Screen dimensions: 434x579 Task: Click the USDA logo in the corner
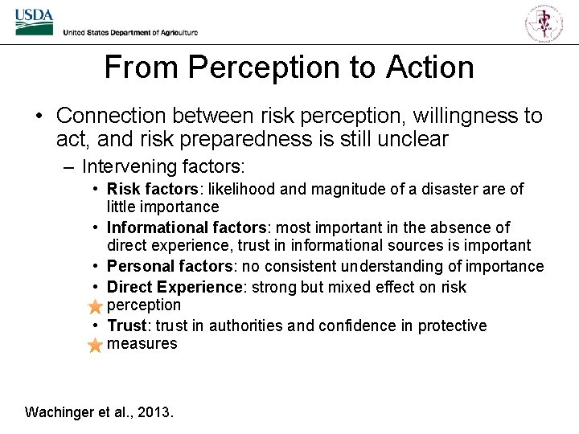tap(33, 23)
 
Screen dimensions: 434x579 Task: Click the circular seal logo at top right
tap(544, 22)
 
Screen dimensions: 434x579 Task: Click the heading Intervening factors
tap(162, 167)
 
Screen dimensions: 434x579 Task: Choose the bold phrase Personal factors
tap(166, 266)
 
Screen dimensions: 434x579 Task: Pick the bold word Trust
tap(127, 325)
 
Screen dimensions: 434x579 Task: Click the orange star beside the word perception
tap(95, 306)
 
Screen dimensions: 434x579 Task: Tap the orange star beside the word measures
tap(95, 346)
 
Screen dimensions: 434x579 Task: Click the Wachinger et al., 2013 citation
tap(99, 412)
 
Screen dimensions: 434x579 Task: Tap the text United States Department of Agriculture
tap(130, 32)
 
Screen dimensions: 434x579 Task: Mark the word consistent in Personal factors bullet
tap(302, 266)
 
